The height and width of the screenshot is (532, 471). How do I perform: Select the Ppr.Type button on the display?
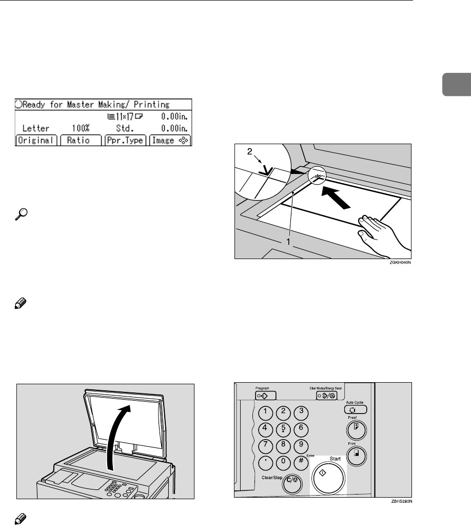pos(126,140)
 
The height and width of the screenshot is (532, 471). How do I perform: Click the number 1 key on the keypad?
pos(267,412)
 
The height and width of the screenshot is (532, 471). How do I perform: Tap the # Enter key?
pos(302,461)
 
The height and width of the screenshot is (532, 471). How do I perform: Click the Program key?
pos(265,396)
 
